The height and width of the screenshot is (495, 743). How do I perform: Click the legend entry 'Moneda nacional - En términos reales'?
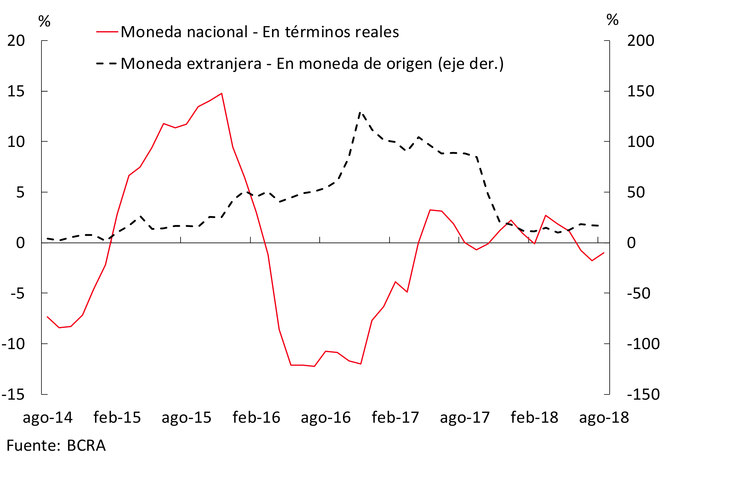[x=260, y=32]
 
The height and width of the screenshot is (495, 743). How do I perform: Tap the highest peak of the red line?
[x=221, y=93]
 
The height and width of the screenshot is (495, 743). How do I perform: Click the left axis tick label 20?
[x=16, y=41]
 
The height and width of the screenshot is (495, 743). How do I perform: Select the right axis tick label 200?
[x=640, y=41]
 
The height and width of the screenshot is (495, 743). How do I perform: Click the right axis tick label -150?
[x=643, y=394]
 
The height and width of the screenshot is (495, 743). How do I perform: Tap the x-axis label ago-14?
[x=48, y=417]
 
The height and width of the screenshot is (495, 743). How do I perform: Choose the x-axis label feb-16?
[x=256, y=417]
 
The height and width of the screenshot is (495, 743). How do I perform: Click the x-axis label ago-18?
[x=604, y=417]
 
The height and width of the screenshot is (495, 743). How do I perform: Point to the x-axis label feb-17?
[x=395, y=417]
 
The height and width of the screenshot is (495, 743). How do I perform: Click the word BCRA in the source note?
[x=86, y=446]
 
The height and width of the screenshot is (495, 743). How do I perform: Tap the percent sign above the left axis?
[x=44, y=21]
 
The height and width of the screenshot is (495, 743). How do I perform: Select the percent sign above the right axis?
[x=612, y=20]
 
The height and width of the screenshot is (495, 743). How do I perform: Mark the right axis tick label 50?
[x=636, y=192]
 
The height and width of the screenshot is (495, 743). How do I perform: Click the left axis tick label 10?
[x=16, y=142]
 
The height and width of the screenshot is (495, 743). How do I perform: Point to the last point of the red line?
[x=604, y=253]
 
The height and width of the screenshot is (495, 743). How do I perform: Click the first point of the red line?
[x=47, y=317]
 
